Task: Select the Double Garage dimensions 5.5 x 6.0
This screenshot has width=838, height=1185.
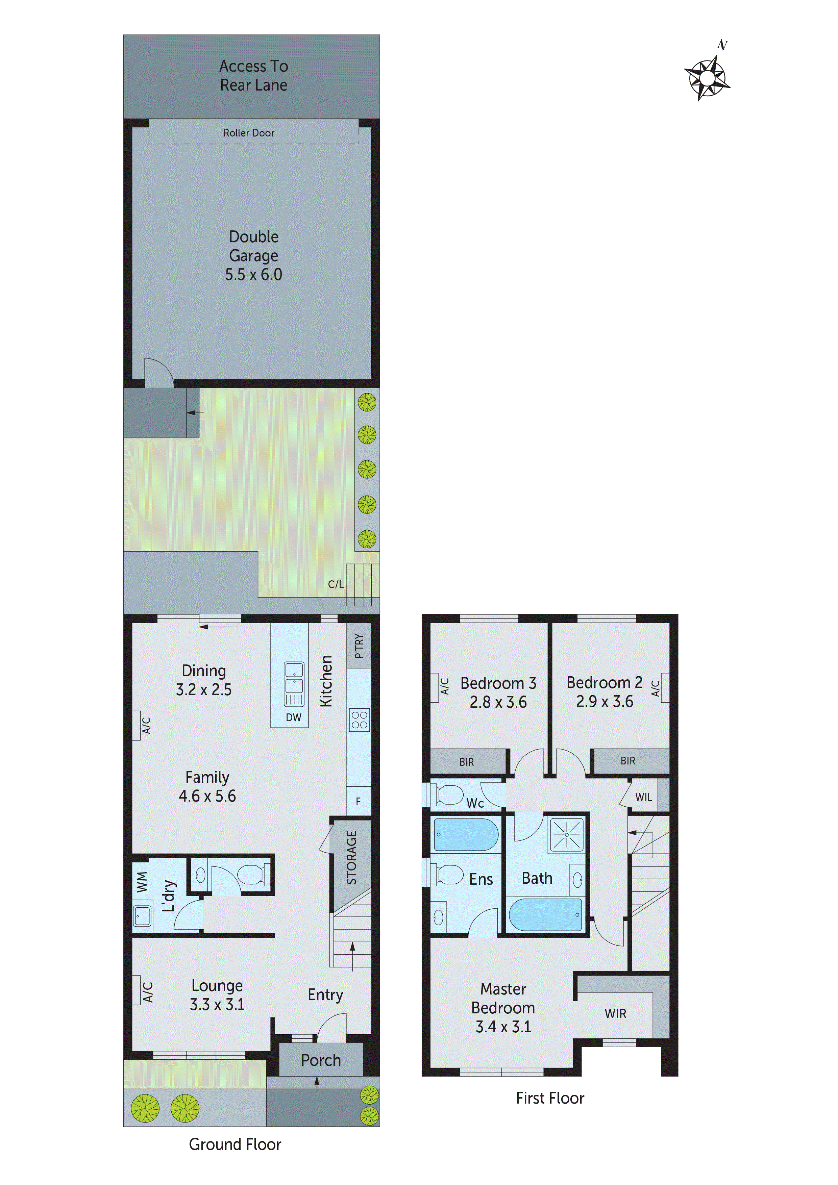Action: (x=253, y=275)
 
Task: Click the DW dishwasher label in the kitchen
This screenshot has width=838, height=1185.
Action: (x=293, y=717)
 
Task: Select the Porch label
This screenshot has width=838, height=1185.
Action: (x=321, y=1060)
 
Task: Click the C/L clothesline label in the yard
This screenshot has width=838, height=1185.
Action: (x=336, y=584)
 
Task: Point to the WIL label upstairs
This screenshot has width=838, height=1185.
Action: (x=643, y=797)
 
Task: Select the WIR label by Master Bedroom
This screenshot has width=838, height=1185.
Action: (x=615, y=1014)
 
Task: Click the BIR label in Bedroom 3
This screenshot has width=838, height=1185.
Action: (x=466, y=762)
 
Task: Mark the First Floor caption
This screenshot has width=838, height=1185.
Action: (x=550, y=1098)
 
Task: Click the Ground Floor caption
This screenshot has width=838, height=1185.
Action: (x=235, y=1144)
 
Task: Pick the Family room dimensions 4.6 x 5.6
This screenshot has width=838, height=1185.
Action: (x=207, y=796)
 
